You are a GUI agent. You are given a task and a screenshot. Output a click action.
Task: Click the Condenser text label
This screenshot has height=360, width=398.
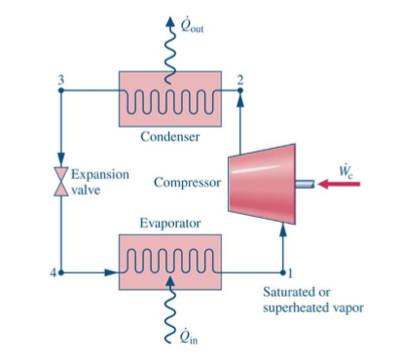pyautogui.click(x=170, y=136)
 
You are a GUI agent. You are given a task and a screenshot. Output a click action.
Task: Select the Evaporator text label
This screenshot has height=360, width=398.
pyautogui.click(x=170, y=223)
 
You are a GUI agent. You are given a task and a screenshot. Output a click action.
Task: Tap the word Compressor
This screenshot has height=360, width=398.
pyautogui.click(x=187, y=182)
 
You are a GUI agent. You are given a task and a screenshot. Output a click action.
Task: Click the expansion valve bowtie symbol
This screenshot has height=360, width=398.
pyautogui.click(x=60, y=182)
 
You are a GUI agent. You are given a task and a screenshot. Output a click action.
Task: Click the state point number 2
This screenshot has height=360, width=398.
pyautogui.click(x=240, y=77)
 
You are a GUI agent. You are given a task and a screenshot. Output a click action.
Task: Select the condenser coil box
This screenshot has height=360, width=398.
pyautogui.click(x=170, y=97)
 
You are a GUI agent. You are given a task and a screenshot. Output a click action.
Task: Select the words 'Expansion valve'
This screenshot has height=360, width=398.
pyautogui.click(x=95, y=182)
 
